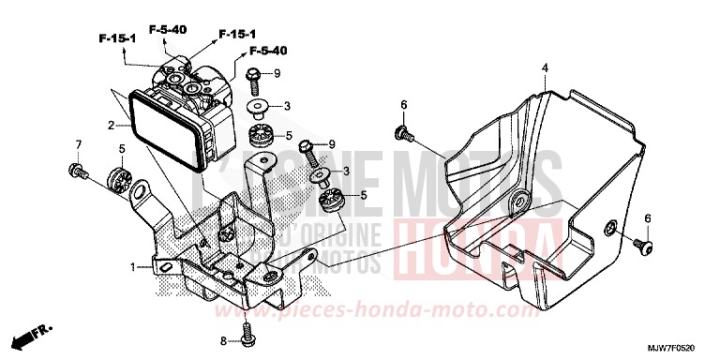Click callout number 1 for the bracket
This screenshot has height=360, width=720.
point(134,267)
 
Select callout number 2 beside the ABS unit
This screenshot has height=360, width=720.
point(111,124)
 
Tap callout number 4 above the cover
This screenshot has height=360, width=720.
point(546,66)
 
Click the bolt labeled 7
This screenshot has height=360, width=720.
point(76,171)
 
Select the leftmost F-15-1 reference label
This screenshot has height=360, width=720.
point(117,37)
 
